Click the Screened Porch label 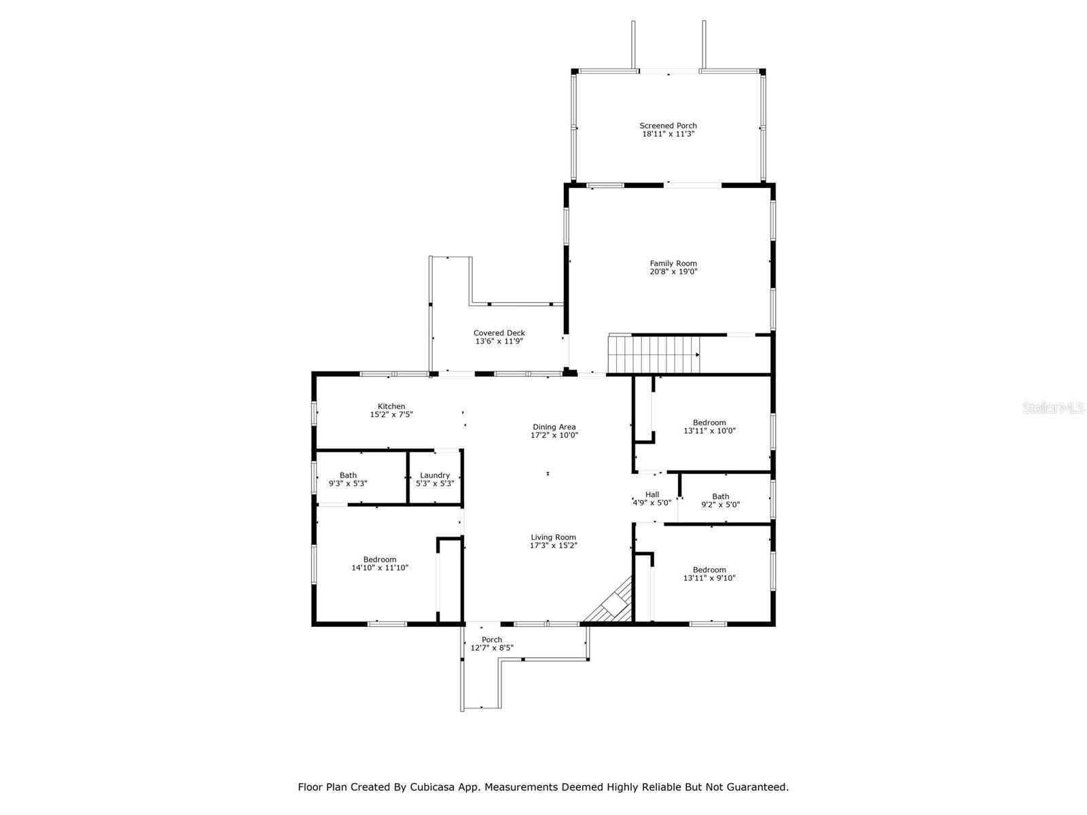click(668, 126)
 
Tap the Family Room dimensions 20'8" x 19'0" click(673, 272)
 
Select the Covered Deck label click(499, 333)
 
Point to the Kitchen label click(391, 406)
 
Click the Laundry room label click(435, 475)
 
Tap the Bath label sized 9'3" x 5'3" click(348, 475)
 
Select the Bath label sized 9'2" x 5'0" click(720, 496)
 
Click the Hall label click(652, 494)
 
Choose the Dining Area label click(554, 427)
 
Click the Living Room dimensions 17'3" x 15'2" click(554, 545)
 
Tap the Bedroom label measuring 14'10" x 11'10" click(379, 560)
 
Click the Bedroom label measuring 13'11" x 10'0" click(709, 422)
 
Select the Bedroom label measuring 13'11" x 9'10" click(709, 570)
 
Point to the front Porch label click(492, 640)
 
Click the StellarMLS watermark click(1052, 407)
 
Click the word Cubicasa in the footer click(436, 787)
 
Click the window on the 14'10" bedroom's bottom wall click(387, 623)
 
